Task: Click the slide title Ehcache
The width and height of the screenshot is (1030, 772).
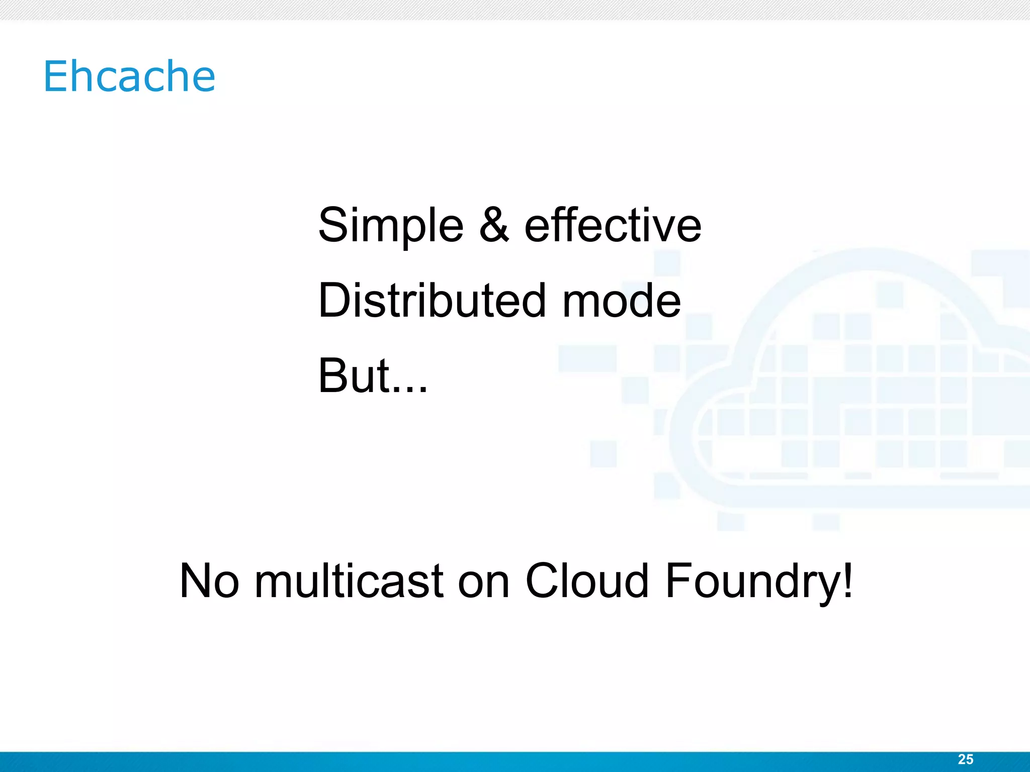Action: (129, 76)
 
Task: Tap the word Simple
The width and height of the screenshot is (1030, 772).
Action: (391, 226)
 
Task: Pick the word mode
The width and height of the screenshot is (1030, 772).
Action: (621, 301)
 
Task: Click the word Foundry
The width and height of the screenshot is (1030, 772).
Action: (753, 582)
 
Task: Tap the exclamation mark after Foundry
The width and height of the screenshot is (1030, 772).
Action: (848, 580)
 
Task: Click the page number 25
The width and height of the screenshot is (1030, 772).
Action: (965, 759)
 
